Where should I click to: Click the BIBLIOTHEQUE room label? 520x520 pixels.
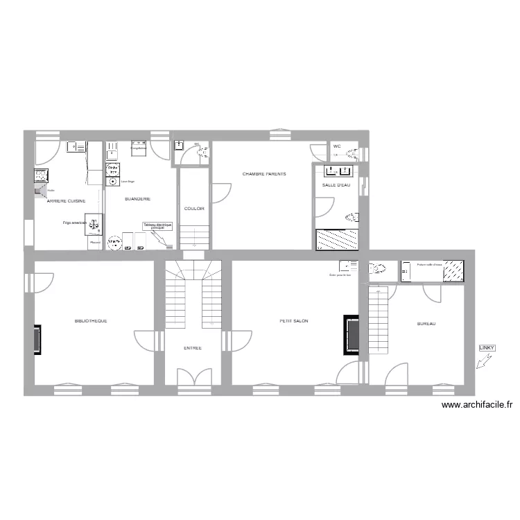pos(90,321)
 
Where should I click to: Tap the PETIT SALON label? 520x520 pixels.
pos(294,321)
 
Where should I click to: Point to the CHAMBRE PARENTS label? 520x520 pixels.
pos(263,173)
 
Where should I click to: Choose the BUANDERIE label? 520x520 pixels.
pos(137,199)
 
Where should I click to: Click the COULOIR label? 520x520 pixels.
pos(194,208)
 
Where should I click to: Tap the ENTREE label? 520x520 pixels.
pos(193,348)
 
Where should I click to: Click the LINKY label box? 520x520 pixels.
pos(487,347)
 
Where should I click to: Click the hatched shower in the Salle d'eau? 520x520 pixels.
pos(336,239)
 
